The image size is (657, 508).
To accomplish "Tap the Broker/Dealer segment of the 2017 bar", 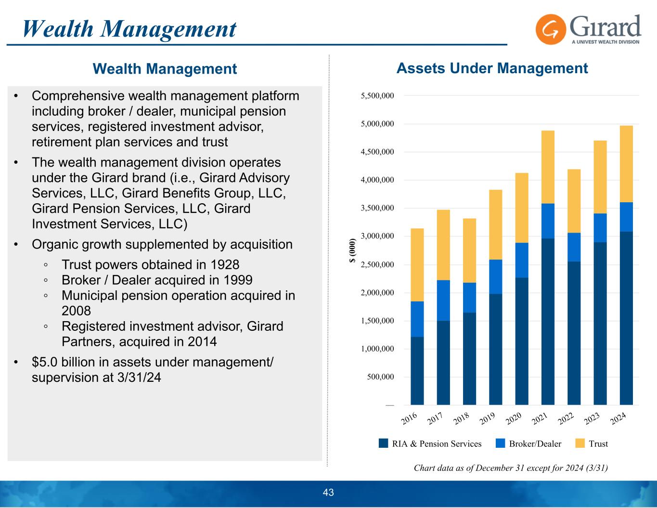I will point(443,300).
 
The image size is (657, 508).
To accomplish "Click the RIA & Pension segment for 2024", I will point(626,318).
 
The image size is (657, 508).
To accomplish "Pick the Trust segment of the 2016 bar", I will point(417,265).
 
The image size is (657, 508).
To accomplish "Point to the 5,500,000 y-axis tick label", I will point(377,96).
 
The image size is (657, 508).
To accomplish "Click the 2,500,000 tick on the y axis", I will point(377,264).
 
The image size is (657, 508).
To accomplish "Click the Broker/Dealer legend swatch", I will point(501,443).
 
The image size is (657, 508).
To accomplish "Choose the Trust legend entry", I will point(592,443).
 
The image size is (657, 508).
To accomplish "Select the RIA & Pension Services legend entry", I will point(431,443).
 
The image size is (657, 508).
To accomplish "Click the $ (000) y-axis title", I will point(353,250).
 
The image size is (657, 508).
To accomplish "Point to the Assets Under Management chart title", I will point(492,68).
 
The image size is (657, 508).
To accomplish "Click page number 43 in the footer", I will point(328,493).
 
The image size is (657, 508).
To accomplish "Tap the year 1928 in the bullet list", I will point(223,265).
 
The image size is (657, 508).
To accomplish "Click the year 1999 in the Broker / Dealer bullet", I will point(236,280).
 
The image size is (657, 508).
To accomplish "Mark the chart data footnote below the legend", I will point(511,468).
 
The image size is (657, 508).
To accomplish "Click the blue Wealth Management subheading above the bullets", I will point(165,69).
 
